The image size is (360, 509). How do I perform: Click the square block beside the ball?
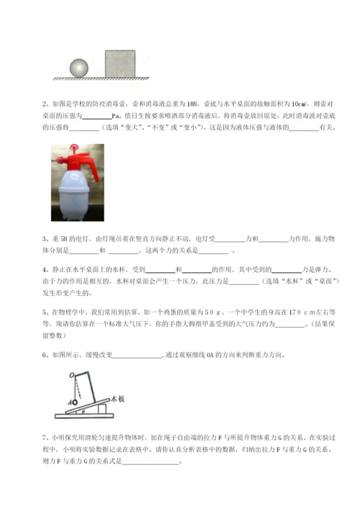coord(120,63)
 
